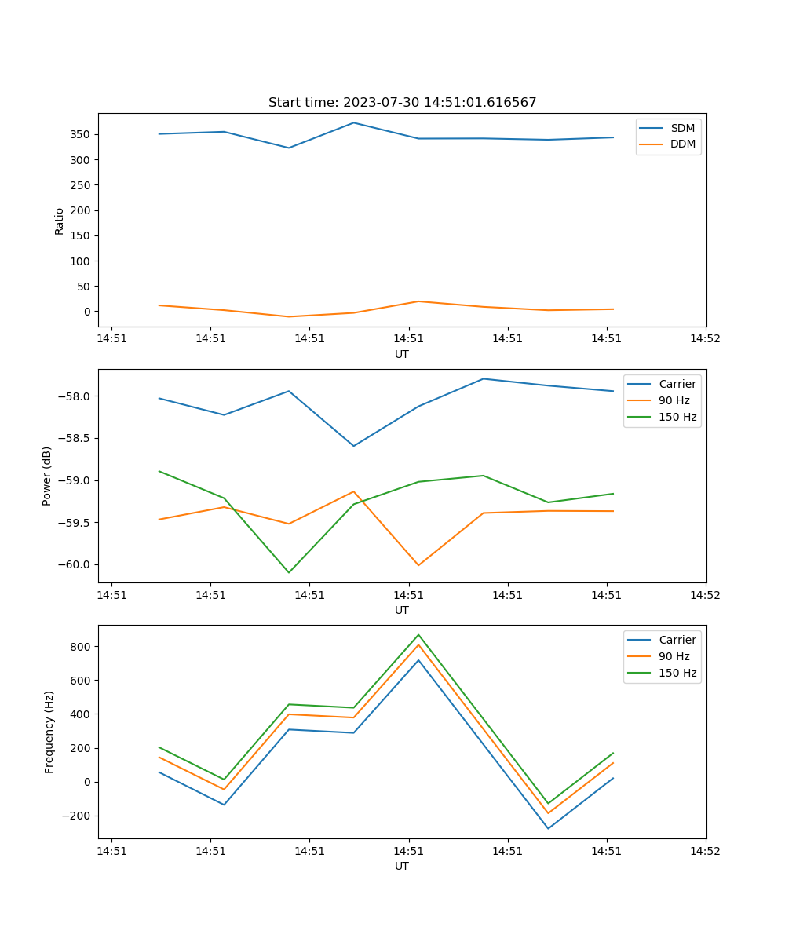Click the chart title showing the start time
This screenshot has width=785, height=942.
tap(402, 103)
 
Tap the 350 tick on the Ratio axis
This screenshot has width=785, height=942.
tap(82, 134)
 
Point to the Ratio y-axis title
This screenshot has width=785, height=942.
tap(60, 221)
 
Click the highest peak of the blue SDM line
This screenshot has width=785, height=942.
tap(353, 122)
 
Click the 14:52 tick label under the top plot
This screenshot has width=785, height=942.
tap(705, 339)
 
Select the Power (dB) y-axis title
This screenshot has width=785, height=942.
tap(47, 476)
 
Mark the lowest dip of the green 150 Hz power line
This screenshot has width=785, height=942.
tap(289, 572)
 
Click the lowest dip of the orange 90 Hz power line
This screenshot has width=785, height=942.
tap(418, 565)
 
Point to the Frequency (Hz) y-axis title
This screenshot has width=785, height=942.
tap(49, 732)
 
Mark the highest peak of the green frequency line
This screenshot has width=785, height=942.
tap(418, 634)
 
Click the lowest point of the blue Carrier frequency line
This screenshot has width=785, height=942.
tap(548, 828)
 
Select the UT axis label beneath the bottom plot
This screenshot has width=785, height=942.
tap(402, 866)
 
